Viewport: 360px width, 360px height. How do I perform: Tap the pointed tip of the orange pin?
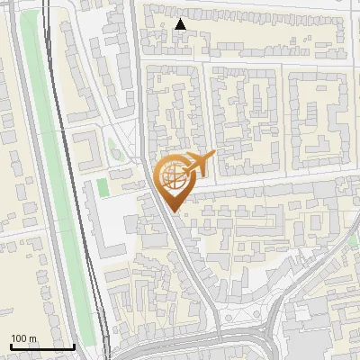(173, 211)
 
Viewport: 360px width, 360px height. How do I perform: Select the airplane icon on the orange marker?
(201, 163)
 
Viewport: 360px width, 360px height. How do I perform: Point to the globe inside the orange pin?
(172, 175)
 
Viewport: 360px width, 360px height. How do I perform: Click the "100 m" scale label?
(23, 337)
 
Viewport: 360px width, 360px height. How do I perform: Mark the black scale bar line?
(41, 346)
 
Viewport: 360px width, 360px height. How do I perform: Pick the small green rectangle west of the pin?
(103, 186)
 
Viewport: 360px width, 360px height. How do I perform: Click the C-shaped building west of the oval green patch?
(87, 148)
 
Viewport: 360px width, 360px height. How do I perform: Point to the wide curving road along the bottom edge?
(180, 346)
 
